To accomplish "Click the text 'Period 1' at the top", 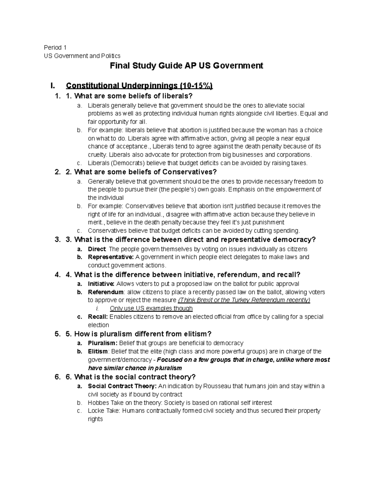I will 55,48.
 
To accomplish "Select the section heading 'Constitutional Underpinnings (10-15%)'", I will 139,86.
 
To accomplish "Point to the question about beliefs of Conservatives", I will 145,172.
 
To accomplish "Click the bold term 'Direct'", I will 97,249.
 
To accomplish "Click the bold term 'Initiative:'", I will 101,284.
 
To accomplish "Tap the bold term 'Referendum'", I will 106,292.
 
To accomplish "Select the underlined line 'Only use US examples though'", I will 151,309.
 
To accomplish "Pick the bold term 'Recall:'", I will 98,317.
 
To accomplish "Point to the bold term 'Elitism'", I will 98,351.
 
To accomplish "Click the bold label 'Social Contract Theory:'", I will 122,386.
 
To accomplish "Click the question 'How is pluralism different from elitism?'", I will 143,334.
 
